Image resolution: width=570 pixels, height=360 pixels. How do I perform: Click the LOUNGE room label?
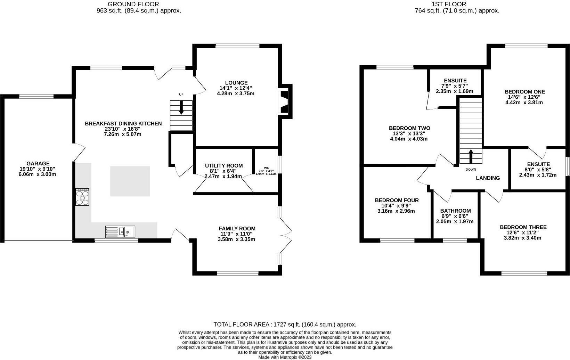click(x=236, y=83)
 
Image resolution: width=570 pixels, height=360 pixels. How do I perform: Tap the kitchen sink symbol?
click(x=120, y=232)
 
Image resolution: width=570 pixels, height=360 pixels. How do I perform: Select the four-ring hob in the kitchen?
click(x=82, y=197)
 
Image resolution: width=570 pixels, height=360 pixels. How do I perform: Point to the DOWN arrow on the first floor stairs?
click(x=471, y=156)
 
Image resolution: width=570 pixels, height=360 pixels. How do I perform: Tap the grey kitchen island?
click(x=130, y=181)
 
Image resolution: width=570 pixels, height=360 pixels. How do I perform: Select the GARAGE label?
click(x=38, y=164)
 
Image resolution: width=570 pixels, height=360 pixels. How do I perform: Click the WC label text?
click(x=267, y=167)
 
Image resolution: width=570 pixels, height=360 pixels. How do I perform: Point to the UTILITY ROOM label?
click(x=224, y=166)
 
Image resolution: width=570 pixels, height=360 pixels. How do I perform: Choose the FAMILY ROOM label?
click(x=237, y=228)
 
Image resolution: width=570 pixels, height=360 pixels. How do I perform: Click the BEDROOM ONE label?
click(x=525, y=92)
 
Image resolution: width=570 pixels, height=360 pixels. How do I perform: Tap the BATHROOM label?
click(x=456, y=211)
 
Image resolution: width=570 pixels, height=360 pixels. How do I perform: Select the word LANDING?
click(x=488, y=178)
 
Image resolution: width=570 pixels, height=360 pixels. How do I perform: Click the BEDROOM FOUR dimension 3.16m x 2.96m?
click(x=396, y=211)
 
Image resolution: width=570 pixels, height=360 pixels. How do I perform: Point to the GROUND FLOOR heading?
click(x=133, y=4)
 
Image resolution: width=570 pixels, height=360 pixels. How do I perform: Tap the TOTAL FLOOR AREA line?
click(x=285, y=324)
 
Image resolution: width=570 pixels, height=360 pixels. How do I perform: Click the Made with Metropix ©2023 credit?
click(x=285, y=357)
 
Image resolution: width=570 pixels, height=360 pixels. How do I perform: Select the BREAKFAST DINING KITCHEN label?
click(x=123, y=123)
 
